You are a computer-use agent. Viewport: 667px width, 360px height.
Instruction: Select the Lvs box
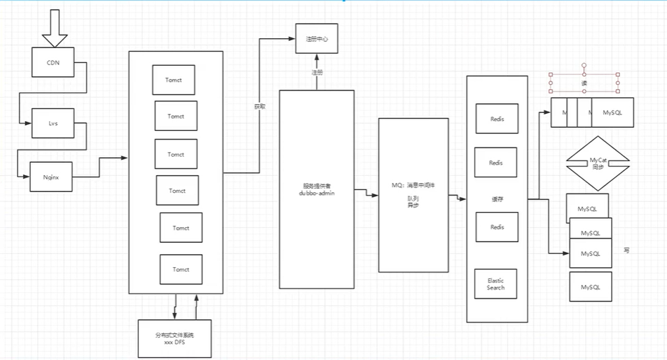tap(53, 123)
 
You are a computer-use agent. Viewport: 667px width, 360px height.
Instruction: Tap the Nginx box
tap(51, 177)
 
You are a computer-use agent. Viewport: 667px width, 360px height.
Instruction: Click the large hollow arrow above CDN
tap(55, 30)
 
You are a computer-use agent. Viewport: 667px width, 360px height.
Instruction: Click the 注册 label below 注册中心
tap(317, 72)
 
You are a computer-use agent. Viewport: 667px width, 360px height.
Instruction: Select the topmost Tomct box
tap(174, 80)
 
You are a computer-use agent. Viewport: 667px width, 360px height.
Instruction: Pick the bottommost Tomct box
tap(181, 269)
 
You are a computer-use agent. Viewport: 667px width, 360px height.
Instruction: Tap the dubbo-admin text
tap(317, 193)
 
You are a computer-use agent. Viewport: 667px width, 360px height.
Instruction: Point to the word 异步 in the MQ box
tap(413, 205)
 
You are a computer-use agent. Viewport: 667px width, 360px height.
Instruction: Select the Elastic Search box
tap(496, 284)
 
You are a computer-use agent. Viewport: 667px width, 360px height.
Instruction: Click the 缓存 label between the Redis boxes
tap(497, 199)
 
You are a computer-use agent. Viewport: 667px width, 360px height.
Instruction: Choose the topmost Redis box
tap(496, 119)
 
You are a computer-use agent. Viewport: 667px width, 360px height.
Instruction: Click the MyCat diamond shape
tap(598, 162)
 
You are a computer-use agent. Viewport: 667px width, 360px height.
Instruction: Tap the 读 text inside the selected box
tap(583, 84)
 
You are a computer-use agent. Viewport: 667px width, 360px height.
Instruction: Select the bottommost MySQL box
tap(590, 287)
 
